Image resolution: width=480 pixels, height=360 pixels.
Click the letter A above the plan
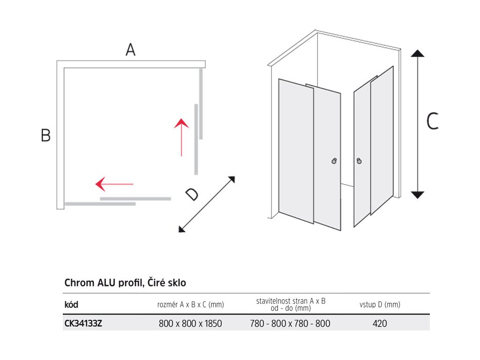click(x=130, y=50)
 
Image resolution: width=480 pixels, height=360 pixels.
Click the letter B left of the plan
click(x=45, y=135)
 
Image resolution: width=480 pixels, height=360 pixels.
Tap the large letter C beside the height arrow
click(x=432, y=122)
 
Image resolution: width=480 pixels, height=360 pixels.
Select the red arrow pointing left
click(x=114, y=184)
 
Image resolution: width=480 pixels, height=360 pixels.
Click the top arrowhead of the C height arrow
click(x=417, y=52)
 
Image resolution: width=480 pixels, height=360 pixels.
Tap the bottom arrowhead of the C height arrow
click(x=417, y=195)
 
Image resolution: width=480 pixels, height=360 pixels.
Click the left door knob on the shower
click(x=334, y=161)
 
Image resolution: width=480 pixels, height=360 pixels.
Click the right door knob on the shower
click(x=359, y=161)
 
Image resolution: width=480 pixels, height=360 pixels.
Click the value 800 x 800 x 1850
click(x=190, y=323)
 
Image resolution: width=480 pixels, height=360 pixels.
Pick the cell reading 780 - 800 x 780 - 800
click(x=291, y=323)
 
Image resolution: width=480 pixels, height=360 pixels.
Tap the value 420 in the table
click(x=380, y=323)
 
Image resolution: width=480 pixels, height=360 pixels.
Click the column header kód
click(x=71, y=305)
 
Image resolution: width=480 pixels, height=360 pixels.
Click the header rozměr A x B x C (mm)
click(x=190, y=305)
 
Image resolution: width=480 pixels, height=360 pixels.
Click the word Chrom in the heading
click(x=79, y=283)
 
